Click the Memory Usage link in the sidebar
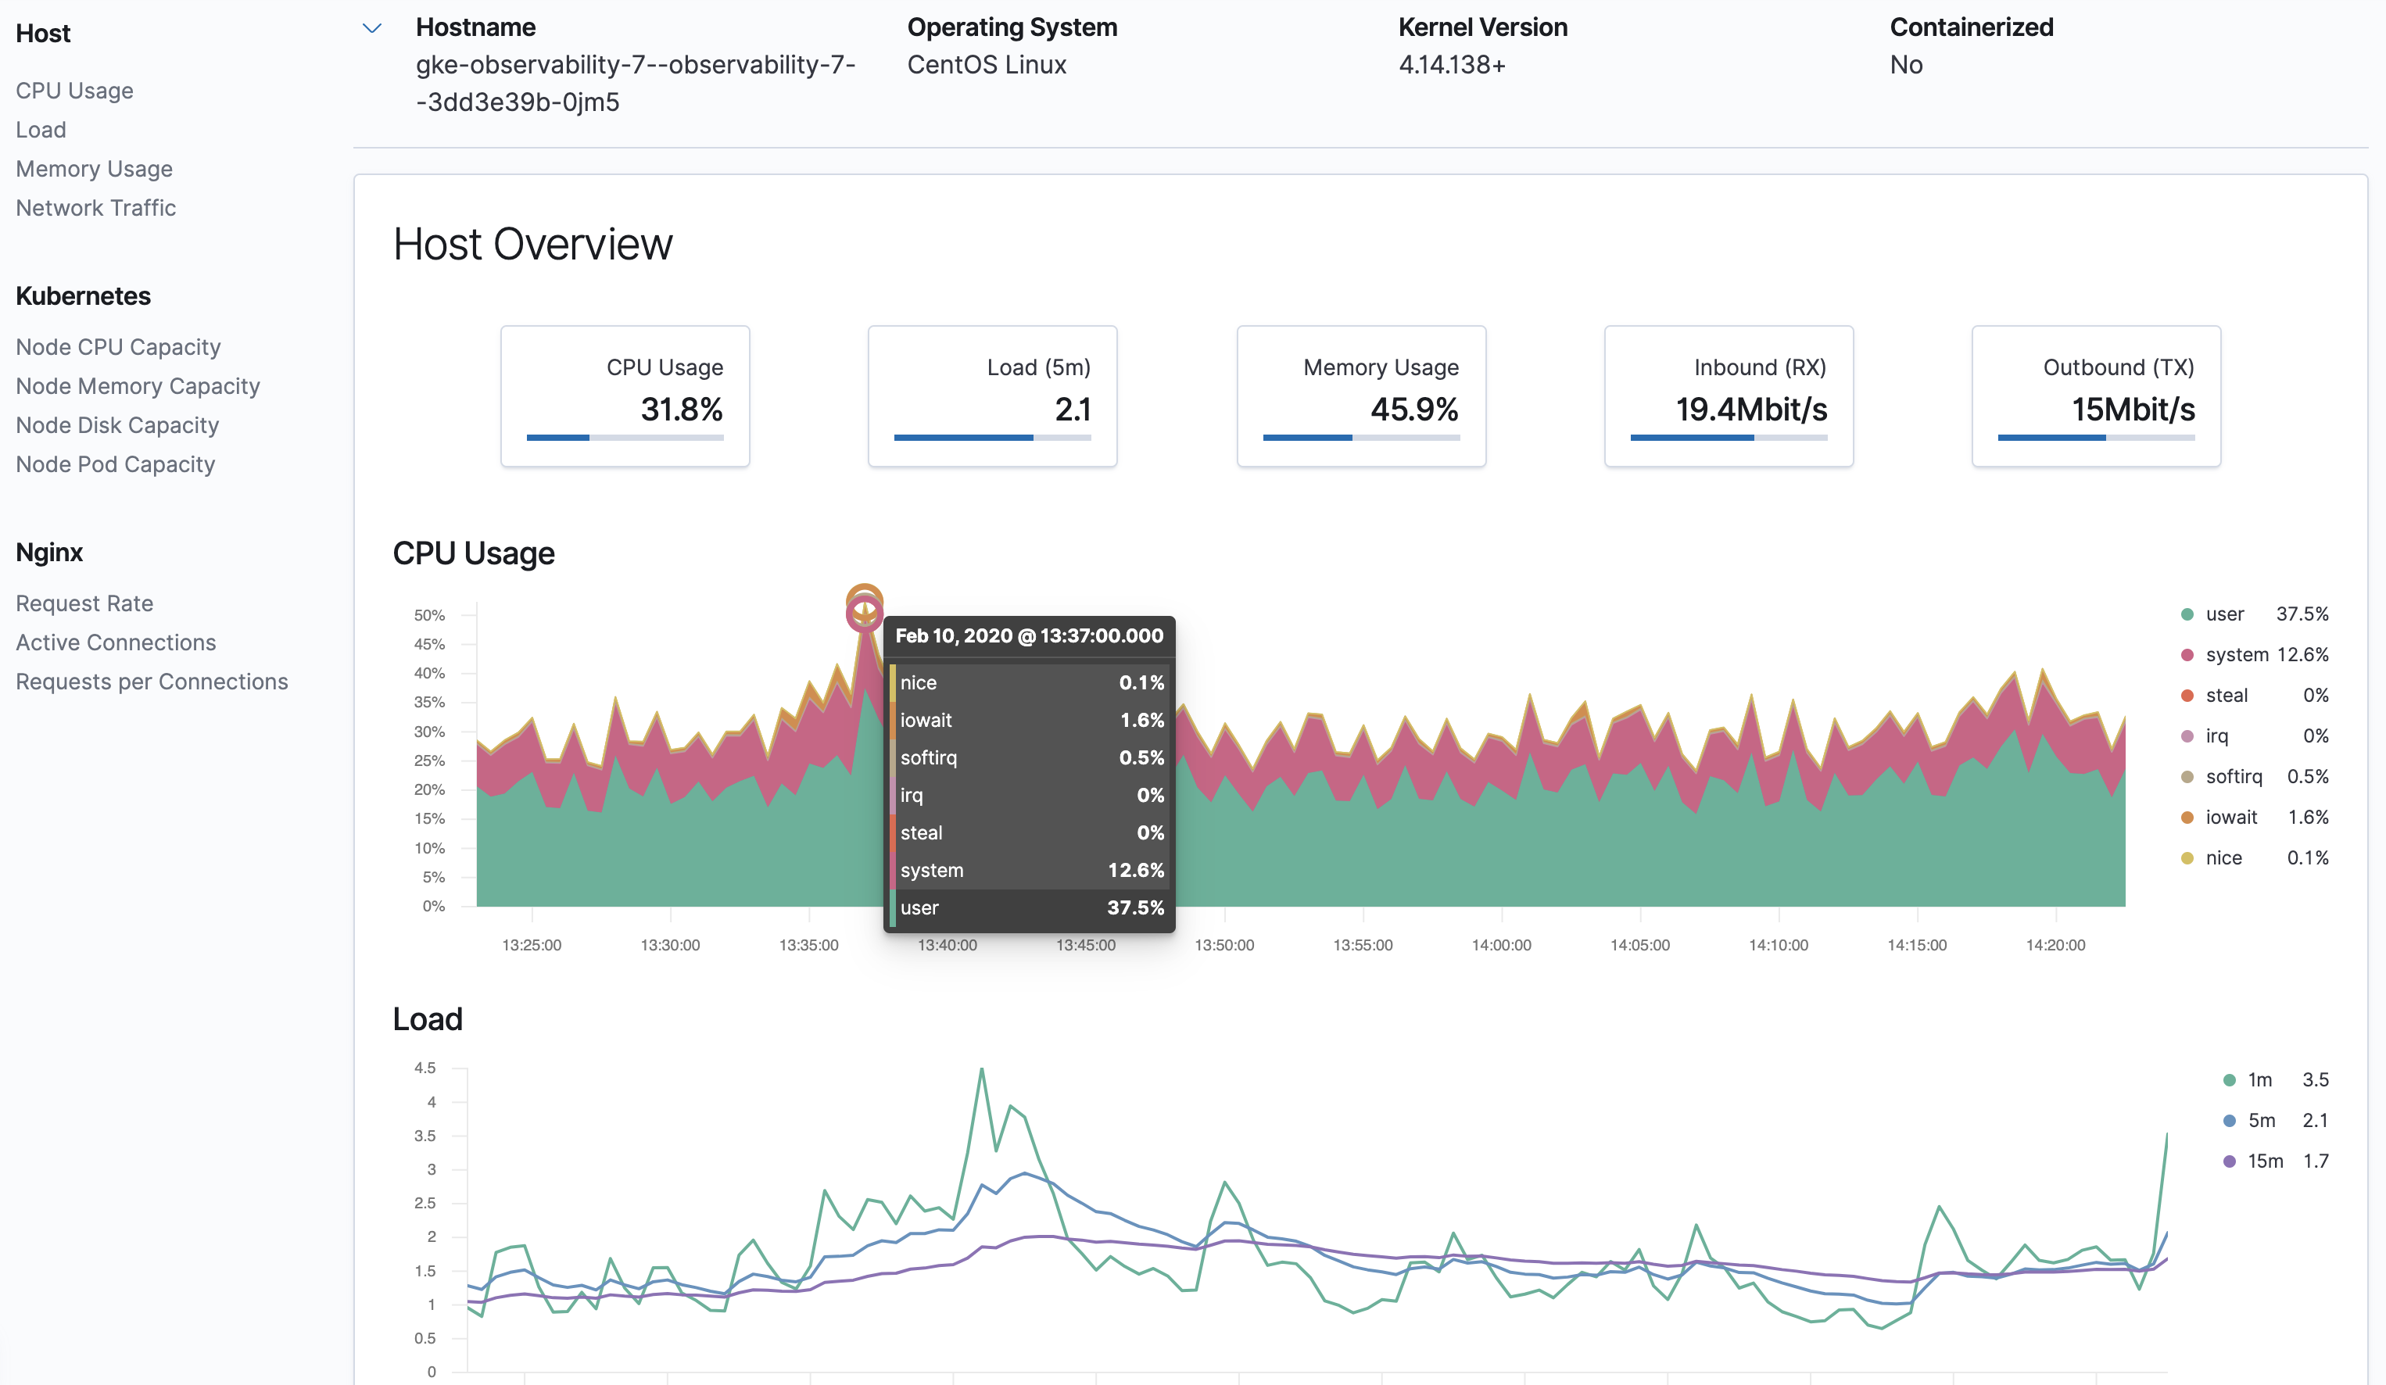[94, 169]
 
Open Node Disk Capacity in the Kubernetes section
[117, 425]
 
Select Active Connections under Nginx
[116, 642]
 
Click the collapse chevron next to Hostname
[372, 28]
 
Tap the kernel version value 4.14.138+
[1452, 64]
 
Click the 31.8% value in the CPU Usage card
[681, 409]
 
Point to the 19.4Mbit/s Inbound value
[1750, 409]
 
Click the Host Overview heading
[532, 244]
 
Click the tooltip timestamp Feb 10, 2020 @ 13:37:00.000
[1028, 636]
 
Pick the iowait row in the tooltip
[1029, 720]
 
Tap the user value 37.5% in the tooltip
[1135, 907]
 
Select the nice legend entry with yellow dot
[2223, 857]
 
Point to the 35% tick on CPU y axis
[429, 703]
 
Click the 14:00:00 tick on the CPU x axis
[1501, 945]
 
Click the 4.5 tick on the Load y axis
[425, 1068]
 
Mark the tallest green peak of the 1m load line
[981, 1070]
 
